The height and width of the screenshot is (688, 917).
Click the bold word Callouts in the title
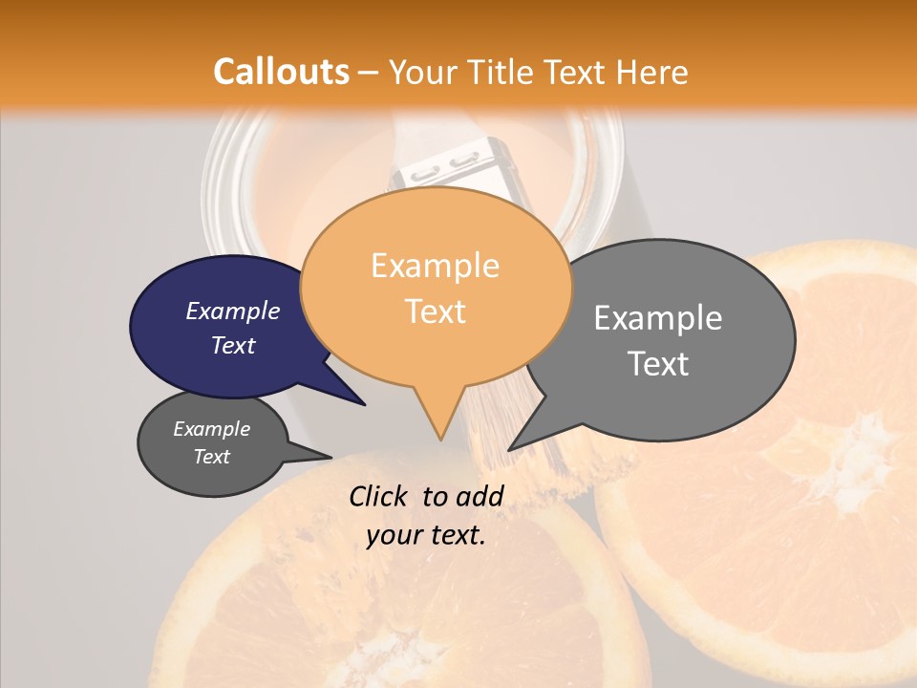coord(281,72)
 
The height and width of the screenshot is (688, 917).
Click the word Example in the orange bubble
coord(435,266)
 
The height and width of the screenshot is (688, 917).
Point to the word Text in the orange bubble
coord(435,311)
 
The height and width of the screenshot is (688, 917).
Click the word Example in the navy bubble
coord(232,311)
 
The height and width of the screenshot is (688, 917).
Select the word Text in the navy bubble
coord(232,345)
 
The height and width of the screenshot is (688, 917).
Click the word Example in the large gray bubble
coord(658,318)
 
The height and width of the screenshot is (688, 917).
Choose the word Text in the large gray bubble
coord(658,363)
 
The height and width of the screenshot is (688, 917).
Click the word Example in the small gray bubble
coord(211,429)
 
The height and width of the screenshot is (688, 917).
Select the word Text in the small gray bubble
coord(211,457)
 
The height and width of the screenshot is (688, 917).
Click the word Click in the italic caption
coord(380,496)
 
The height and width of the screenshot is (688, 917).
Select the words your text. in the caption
coord(425,535)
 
